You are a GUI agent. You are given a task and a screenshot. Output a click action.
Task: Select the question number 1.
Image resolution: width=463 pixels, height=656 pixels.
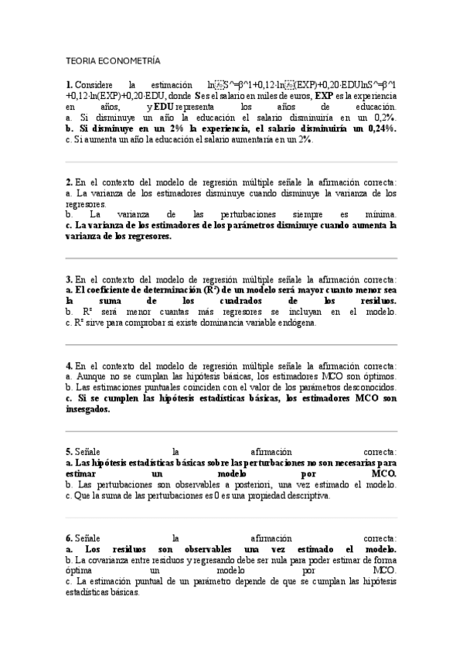tap(69, 84)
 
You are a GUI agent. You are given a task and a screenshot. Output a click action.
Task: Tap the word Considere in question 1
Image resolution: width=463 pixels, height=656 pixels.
tap(95, 84)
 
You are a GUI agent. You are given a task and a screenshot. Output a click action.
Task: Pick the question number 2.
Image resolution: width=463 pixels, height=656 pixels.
tap(69, 183)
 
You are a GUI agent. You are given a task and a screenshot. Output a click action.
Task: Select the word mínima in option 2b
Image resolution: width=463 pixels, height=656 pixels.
tap(378, 214)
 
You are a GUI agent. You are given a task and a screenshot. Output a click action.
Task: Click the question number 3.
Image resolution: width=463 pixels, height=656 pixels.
tap(69, 279)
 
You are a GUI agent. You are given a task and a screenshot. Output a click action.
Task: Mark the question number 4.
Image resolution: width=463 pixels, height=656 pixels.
tap(69, 365)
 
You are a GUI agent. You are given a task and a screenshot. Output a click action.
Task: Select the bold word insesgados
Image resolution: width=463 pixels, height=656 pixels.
tap(88, 409)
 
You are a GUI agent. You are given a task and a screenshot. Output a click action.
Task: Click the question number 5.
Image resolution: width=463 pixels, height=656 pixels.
tap(69, 452)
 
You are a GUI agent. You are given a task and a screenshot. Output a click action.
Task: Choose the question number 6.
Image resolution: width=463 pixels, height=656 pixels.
tap(69, 538)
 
